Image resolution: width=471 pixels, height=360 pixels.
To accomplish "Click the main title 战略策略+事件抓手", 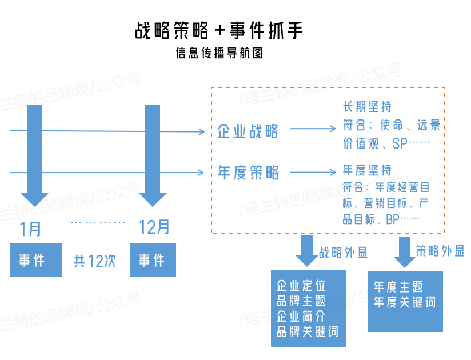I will [218, 30].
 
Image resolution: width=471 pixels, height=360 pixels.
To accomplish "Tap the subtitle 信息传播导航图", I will [219, 54].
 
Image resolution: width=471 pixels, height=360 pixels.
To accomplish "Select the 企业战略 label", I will [248, 131].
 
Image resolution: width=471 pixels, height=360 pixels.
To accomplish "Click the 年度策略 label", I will [248, 172].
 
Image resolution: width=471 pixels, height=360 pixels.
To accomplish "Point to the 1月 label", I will [30, 229].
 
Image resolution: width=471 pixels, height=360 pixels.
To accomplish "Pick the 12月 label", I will [154, 227].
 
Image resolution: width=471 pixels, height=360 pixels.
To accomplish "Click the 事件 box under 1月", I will [35, 261].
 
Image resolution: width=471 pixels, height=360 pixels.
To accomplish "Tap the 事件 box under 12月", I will [152, 261].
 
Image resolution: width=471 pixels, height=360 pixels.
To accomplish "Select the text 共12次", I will [95, 261].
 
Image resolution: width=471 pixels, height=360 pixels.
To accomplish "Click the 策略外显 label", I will [440, 251].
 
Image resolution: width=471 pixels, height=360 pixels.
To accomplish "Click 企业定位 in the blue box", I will [301, 286].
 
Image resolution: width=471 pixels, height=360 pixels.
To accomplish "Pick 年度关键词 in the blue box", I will [404, 302].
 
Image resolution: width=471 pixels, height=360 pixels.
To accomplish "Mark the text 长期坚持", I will [367, 107].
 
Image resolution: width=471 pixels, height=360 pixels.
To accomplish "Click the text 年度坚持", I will [367, 170].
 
